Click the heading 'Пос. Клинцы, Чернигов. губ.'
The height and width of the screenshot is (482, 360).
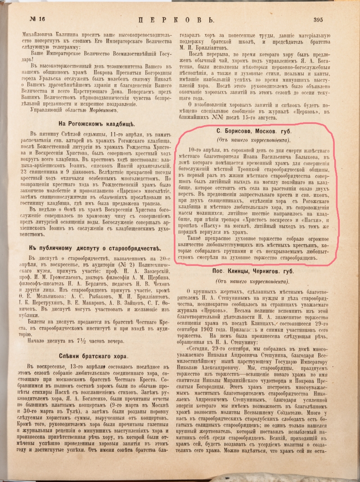(252, 272)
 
